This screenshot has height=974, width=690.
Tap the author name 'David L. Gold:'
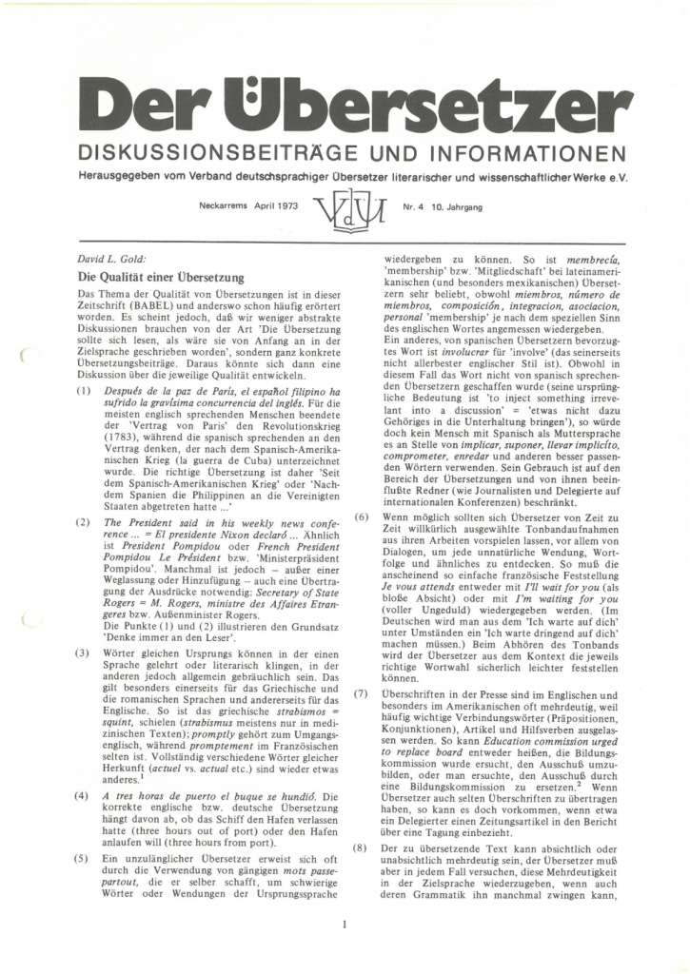108,258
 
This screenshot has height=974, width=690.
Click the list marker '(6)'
363,516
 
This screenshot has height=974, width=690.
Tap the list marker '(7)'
363,719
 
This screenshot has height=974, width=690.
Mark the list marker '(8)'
363,845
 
